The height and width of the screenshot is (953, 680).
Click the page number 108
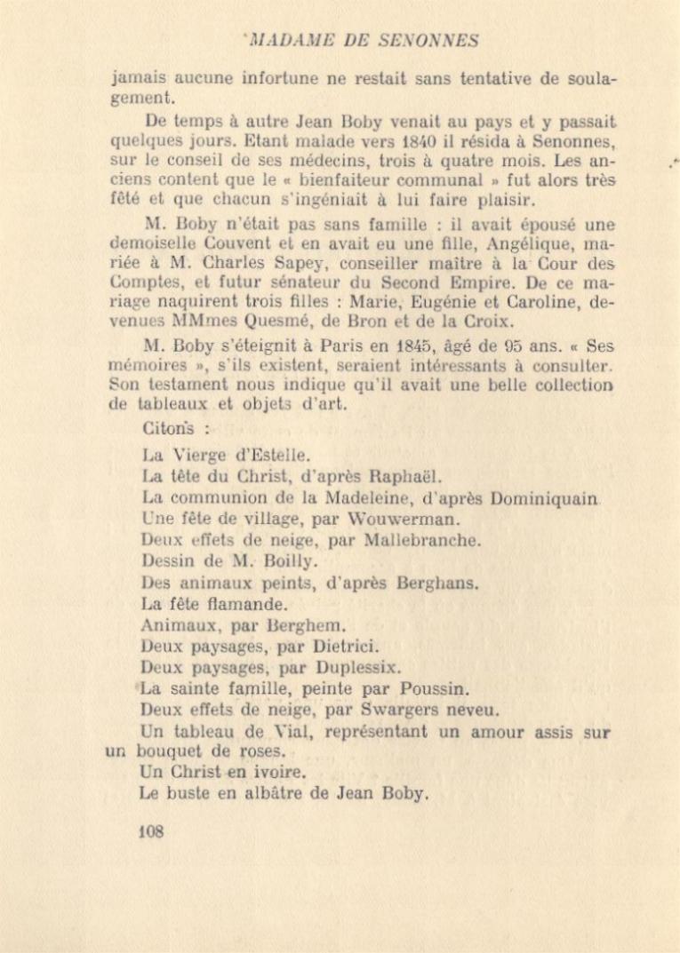click(x=152, y=832)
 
